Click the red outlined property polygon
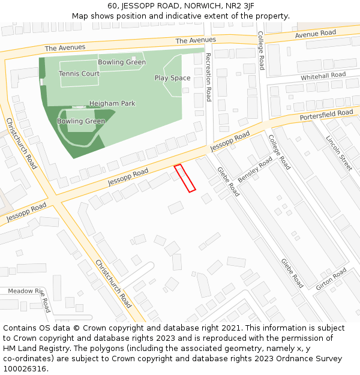(185, 178)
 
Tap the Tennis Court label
(79, 74)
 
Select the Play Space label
(172, 78)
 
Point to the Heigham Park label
(112, 103)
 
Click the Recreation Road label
(209, 77)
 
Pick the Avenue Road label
(315, 34)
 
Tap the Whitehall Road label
(323, 76)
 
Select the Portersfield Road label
(326, 114)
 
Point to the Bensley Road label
(255, 171)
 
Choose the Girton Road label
(331, 279)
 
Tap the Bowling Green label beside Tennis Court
(122, 62)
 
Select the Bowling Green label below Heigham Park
(81, 121)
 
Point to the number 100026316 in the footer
(25, 368)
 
